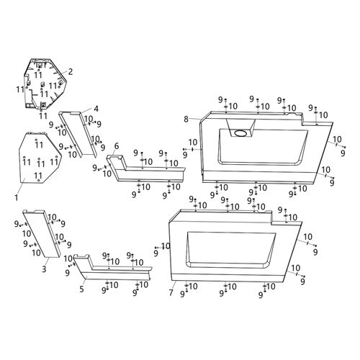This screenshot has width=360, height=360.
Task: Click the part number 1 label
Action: click(x=17, y=198)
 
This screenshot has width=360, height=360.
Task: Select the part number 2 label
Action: click(x=71, y=71)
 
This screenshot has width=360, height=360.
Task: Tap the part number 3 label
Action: click(x=44, y=269)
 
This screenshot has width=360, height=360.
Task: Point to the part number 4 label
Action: click(x=96, y=109)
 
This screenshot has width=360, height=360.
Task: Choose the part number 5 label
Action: click(x=81, y=289)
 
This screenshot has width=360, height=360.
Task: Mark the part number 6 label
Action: click(x=117, y=145)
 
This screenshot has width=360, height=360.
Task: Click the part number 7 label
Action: click(x=171, y=292)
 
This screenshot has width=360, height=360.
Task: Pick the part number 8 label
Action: click(x=186, y=119)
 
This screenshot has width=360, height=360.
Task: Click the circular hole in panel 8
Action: click(x=240, y=132)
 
